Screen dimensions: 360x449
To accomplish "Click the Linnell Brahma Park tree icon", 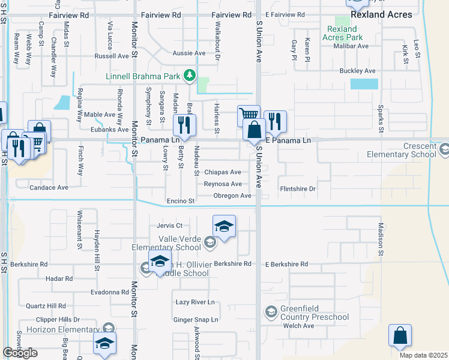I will point(190,75).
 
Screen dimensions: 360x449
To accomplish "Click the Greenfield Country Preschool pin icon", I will point(270,312).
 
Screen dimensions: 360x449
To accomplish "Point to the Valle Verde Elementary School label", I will point(167,242).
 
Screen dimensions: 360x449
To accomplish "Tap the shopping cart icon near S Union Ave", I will point(248,114).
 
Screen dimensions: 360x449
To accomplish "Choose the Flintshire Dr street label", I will point(298,188).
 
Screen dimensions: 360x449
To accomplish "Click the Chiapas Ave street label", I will point(223,172).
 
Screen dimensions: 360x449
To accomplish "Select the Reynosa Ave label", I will point(223,184).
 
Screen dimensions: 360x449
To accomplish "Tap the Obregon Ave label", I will point(232,196).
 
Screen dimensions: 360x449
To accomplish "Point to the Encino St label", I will point(181,201).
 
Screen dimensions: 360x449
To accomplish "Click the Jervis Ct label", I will point(169,226).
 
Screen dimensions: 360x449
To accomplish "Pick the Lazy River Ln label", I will point(195,302).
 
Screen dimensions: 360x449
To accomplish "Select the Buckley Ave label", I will point(357,71).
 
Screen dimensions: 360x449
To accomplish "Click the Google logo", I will point(20,353).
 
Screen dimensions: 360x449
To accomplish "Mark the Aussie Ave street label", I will point(188,53).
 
